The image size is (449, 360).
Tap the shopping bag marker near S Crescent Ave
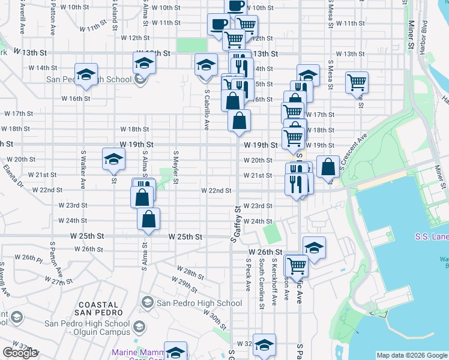(328, 167)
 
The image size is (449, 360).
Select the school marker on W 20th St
(113, 159)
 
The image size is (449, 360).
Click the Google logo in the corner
(20, 353)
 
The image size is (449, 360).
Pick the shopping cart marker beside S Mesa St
(357, 82)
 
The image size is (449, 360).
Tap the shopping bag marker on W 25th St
(148, 220)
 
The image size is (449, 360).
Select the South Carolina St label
(262, 284)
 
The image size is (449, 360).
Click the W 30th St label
(214, 320)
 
